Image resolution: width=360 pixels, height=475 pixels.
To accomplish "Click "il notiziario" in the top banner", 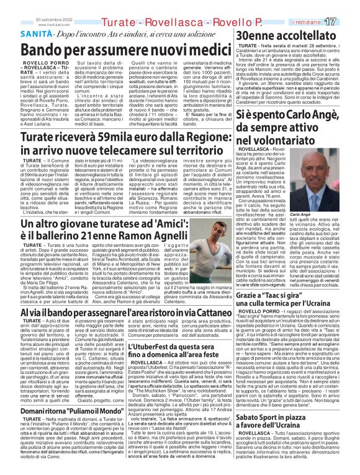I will coord(320,5).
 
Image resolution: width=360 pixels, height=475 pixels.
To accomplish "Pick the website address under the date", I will coord(19,8).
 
